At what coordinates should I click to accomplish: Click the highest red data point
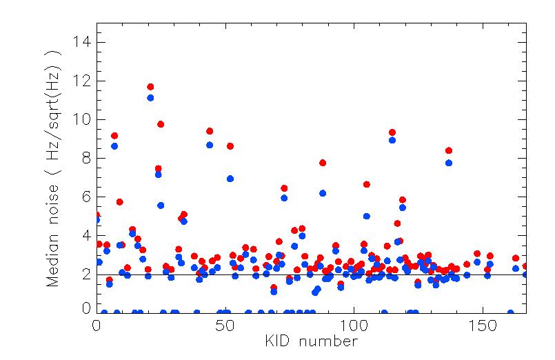coord(150,87)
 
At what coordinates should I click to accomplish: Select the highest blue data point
coord(150,98)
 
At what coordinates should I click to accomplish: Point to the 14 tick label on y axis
coord(81,42)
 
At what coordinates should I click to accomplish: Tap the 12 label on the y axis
coord(81,81)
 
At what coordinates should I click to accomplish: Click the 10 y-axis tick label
coord(81,119)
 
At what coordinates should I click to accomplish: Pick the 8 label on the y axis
coord(86,158)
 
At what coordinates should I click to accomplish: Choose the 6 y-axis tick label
coord(86,197)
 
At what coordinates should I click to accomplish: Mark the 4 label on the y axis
coord(86,235)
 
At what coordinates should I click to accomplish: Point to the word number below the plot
coord(328,342)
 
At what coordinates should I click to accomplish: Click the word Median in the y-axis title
coord(52,260)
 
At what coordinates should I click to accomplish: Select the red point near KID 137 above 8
coord(449,150)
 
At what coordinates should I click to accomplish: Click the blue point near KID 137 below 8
coord(449,163)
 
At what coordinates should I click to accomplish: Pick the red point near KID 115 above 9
coord(392,132)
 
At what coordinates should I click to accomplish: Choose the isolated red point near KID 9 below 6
coord(120,202)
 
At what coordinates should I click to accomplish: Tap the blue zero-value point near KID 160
coord(510,312)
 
